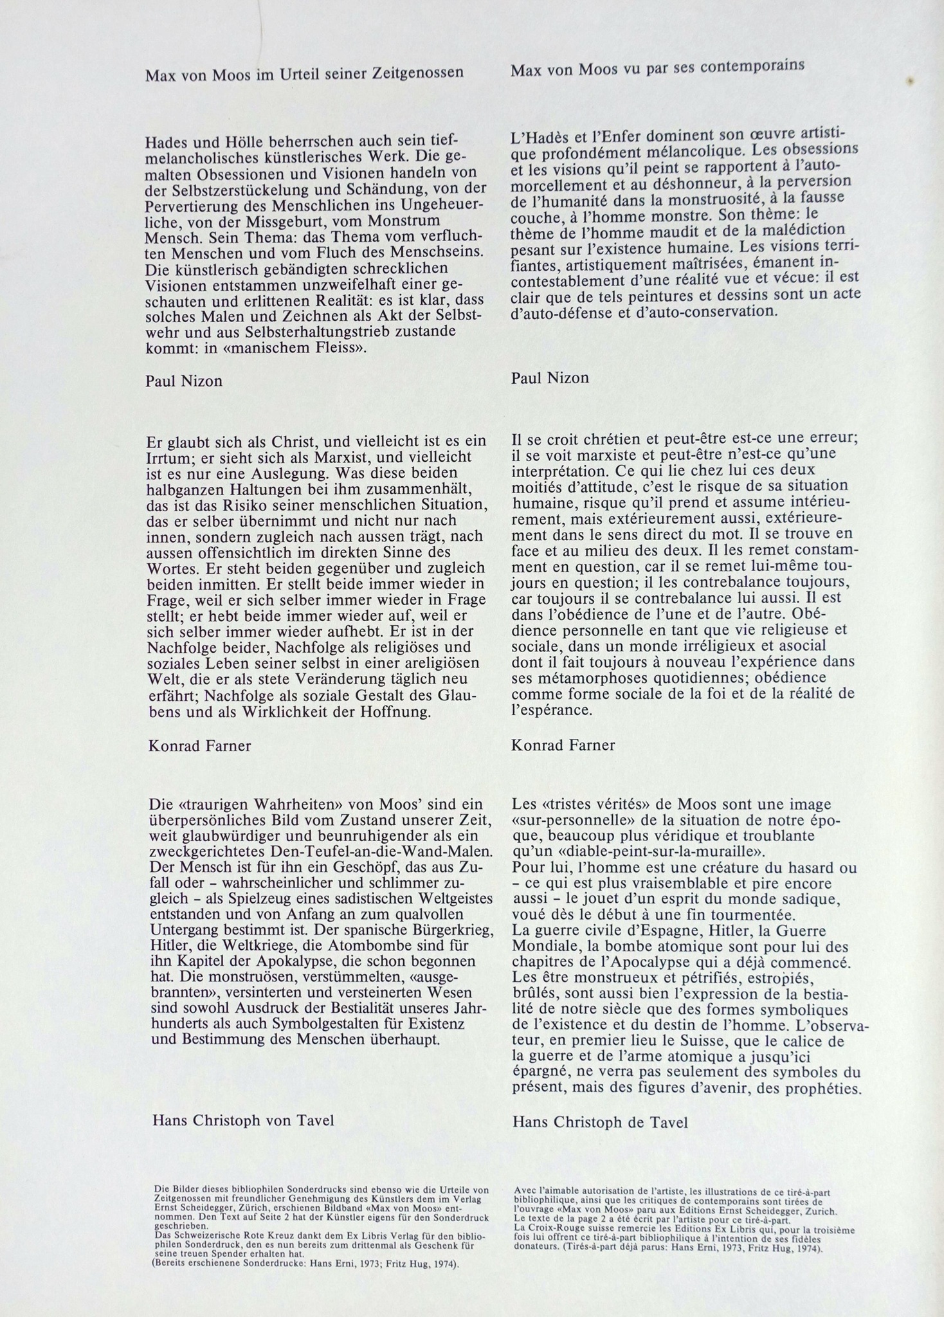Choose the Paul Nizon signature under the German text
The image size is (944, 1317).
[183, 381]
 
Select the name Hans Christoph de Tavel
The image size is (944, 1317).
[600, 1122]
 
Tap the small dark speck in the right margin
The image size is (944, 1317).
[911, 81]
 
